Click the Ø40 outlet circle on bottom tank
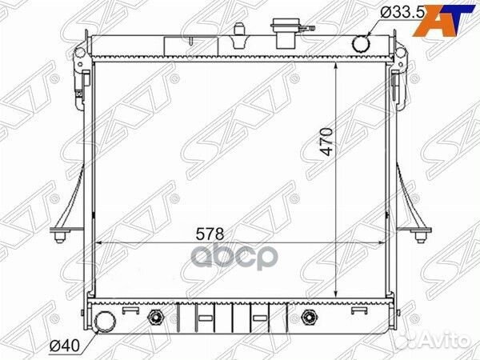[103, 322]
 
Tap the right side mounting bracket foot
[418, 235]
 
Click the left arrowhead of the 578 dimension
[98, 241]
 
